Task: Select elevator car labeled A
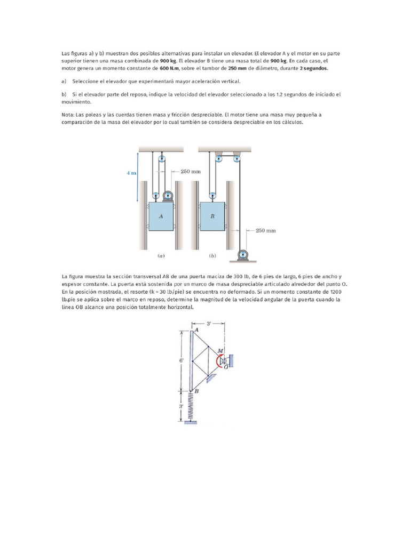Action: point(161,216)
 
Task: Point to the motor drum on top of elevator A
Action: point(169,196)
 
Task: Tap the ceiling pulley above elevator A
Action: point(162,157)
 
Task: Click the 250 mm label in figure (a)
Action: point(191,171)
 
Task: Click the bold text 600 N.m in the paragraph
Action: point(170,69)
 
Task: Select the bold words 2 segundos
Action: point(314,69)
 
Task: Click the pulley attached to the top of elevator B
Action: point(212,195)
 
